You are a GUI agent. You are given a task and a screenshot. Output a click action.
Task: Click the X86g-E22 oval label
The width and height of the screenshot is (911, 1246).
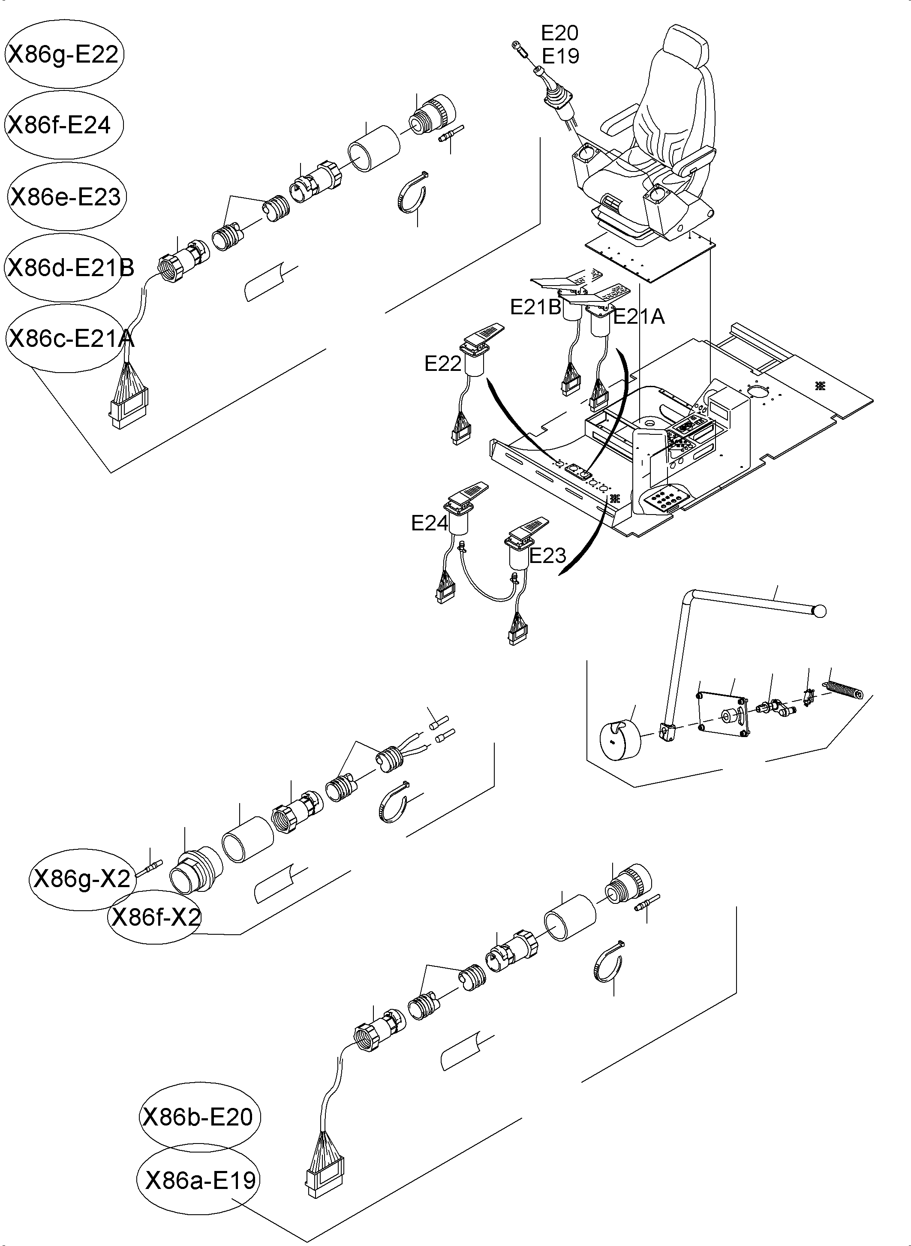pos(63,54)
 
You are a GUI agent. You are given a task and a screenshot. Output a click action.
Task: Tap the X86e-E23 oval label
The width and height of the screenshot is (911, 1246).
pos(66,196)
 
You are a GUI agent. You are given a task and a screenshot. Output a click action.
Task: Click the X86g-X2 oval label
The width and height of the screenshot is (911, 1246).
pos(81,879)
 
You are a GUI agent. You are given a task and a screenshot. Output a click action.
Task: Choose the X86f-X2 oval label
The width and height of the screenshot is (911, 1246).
pos(154,917)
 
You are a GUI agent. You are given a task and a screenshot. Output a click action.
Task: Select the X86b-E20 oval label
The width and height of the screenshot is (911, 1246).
pos(198,1117)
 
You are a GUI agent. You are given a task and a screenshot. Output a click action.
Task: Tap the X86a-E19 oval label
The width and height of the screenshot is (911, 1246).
pos(198,1180)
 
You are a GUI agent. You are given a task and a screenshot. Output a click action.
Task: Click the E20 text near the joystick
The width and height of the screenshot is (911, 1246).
pos(559,33)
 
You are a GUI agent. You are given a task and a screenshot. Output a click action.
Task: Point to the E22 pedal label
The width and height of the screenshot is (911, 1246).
pos(442,364)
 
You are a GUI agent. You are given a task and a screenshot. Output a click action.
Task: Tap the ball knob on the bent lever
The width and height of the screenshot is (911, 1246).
pos(820,611)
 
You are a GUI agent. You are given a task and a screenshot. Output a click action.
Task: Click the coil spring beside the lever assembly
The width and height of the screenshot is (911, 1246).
pos(843,689)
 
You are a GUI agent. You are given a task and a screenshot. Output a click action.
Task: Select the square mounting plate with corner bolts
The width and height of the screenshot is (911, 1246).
pos(722,715)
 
